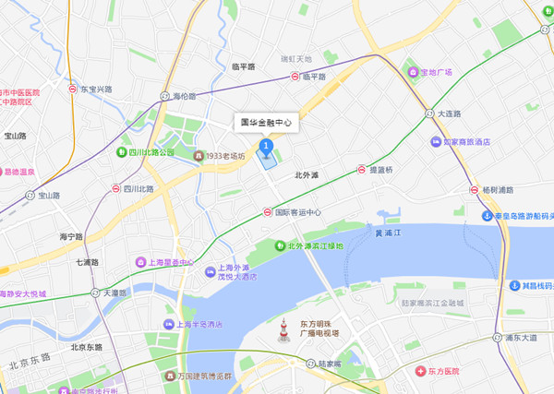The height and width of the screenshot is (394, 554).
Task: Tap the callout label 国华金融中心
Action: tap(267, 122)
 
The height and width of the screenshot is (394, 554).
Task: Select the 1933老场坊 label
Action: tap(225, 156)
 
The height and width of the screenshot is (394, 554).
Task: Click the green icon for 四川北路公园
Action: tap(122, 151)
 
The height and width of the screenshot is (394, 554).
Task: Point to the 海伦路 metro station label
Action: tap(186, 96)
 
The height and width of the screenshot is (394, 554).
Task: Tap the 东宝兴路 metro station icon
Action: tap(73, 90)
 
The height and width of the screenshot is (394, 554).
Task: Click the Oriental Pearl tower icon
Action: tap(283, 329)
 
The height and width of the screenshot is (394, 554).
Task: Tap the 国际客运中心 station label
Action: tap(297, 212)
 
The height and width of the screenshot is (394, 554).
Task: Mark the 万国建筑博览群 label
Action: tap(211, 376)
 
